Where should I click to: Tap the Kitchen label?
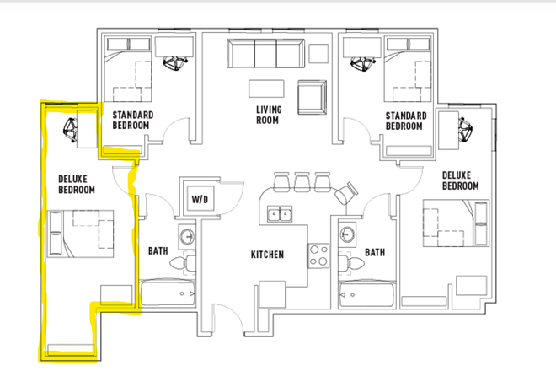[x=267, y=254]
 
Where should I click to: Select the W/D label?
[x=200, y=200]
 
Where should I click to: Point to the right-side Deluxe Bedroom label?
[x=460, y=180]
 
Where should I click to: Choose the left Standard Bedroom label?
[x=131, y=120]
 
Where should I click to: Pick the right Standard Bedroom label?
[x=404, y=120]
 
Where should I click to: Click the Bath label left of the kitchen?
[x=158, y=251]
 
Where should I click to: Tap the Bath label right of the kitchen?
[x=375, y=251]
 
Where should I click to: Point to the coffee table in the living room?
[x=264, y=89]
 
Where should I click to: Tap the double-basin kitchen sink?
[x=280, y=214]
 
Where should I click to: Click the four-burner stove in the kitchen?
[x=318, y=254]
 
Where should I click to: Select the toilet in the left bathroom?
[x=182, y=264]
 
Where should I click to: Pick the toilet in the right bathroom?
[x=350, y=264]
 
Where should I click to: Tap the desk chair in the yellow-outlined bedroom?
[x=69, y=129]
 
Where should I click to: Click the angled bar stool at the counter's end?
[x=344, y=196]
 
